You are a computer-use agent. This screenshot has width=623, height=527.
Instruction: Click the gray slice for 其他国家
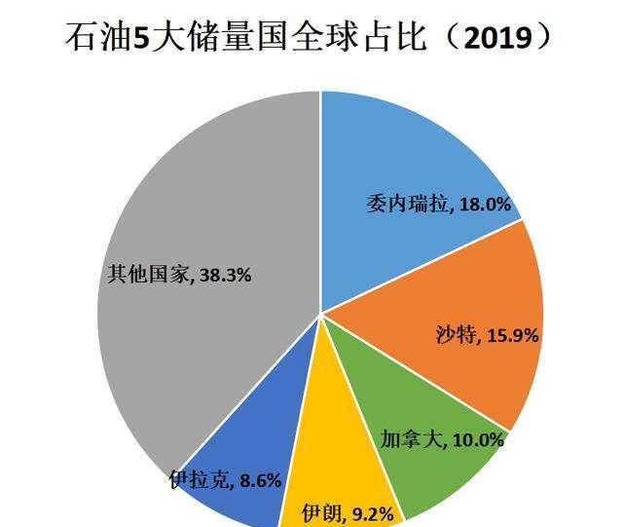click(195, 195)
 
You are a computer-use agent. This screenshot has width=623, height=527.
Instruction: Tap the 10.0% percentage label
click(477, 439)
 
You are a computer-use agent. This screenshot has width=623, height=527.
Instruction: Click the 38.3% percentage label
click(226, 276)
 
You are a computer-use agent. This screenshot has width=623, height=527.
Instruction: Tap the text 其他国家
click(148, 276)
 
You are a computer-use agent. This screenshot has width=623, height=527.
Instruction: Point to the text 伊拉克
click(201, 479)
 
